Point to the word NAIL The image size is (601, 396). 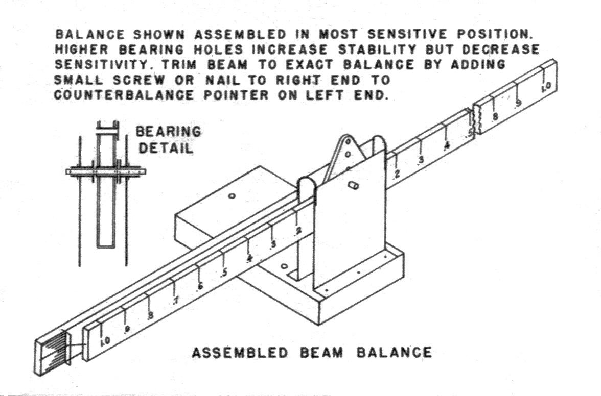221,80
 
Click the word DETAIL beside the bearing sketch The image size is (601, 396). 166,148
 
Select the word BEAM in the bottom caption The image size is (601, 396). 321,352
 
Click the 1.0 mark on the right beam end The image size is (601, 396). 546,87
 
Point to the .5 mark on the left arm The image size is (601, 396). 224,273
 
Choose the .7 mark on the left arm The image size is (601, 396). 176,301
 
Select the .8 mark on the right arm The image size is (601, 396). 495,116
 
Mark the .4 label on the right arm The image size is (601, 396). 446,146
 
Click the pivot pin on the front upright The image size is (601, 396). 352,185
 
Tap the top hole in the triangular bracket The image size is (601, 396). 348,142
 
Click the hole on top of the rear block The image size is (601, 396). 231,196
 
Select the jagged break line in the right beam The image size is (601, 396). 475,121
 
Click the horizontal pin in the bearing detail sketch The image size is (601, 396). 105,171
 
